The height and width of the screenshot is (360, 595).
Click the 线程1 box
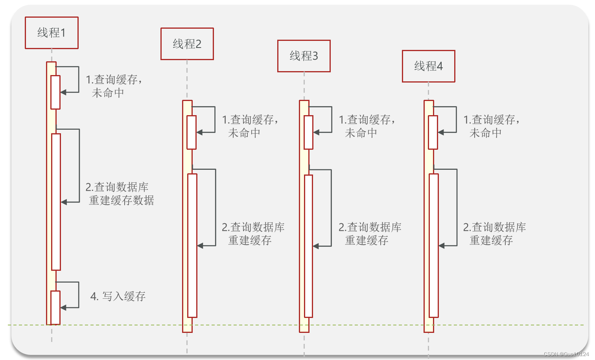(x=52, y=33)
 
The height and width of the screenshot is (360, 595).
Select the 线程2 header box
(x=187, y=44)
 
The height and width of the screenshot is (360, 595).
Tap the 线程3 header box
(x=304, y=56)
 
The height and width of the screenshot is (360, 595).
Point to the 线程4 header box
(x=428, y=66)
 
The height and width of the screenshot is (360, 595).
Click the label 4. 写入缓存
(x=118, y=296)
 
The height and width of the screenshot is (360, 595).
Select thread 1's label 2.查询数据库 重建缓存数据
(x=120, y=194)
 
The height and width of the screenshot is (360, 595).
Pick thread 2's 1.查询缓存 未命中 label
(x=250, y=126)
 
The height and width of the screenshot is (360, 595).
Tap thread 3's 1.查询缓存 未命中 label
(x=367, y=126)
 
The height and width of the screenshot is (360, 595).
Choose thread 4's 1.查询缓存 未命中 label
(x=491, y=126)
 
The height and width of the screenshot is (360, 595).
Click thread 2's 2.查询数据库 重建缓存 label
(x=253, y=233)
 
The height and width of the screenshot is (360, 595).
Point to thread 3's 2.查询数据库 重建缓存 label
(x=370, y=233)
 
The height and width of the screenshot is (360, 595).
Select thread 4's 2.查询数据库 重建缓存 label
(x=494, y=233)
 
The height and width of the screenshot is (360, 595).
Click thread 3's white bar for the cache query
(x=308, y=132)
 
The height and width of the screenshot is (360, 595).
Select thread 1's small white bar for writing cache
(x=55, y=307)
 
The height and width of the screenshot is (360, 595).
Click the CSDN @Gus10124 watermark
(x=566, y=354)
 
